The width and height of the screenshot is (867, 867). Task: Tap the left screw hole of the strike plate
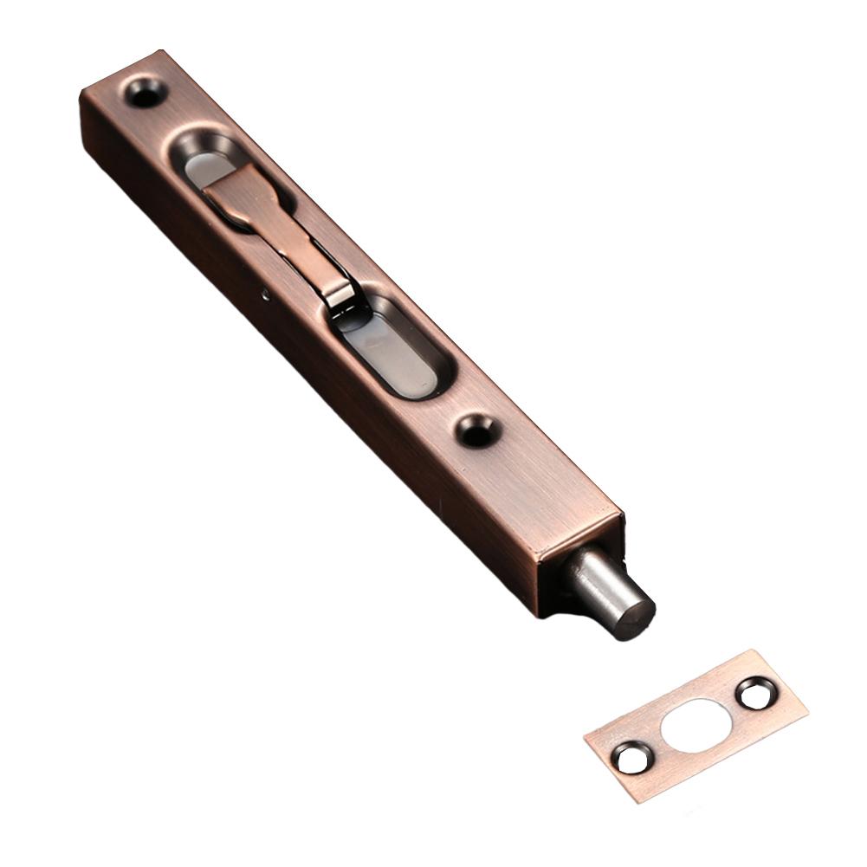[x=627, y=759]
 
